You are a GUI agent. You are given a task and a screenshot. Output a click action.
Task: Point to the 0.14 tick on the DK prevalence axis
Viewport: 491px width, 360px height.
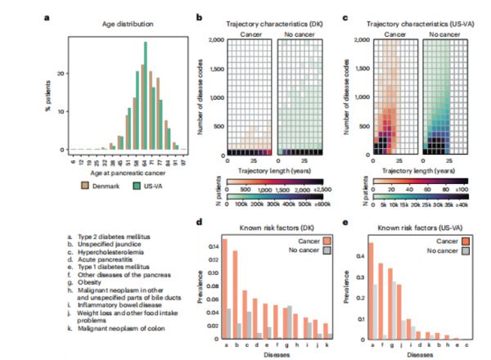pos(214,245)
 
